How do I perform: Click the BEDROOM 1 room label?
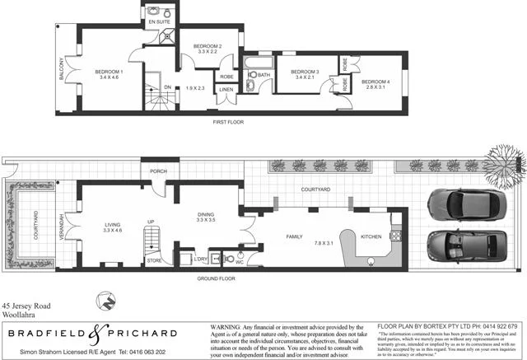point(110,72)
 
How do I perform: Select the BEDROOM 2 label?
point(208,45)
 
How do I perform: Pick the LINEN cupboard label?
point(226,89)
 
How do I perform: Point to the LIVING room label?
point(111,225)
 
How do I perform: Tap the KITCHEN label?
point(371,236)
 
